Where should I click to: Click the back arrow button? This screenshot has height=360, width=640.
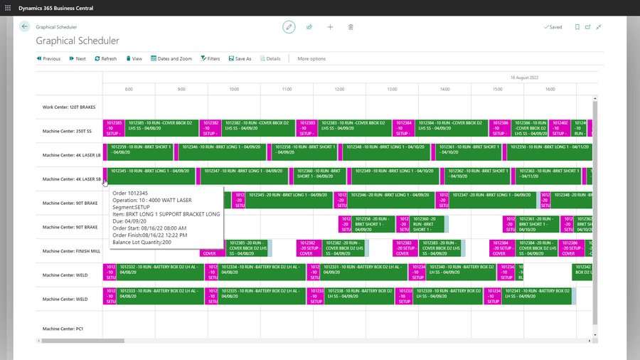pos(25,26)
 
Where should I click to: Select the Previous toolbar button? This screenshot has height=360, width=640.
pos(48,58)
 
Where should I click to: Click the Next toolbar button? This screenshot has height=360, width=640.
pos(78,58)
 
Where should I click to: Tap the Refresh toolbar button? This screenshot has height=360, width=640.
pos(105,58)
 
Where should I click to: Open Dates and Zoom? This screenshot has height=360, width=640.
pos(171,58)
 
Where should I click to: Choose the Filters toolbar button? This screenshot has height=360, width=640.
pos(210,58)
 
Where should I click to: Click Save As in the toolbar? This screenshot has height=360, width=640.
pos(240,58)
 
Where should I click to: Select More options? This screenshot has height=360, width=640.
pos(311,58)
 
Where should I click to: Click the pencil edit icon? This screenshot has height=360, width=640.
pos(289,27)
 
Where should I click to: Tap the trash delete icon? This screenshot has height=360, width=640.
pos(351,27)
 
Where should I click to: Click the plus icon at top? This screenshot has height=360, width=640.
pos(330,27)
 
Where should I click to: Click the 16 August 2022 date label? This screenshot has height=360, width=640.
pos(525,77)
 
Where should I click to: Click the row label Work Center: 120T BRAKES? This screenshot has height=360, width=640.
pos(68,107)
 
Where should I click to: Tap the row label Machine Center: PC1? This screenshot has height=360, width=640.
pos(63,329)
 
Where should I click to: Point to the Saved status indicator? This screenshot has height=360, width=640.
pos(553,27)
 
